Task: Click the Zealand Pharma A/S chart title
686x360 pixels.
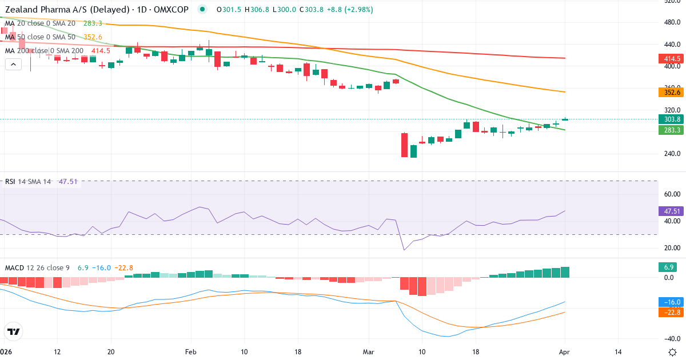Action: pos(97,9)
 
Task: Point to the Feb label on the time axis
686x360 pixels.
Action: pos(191,351)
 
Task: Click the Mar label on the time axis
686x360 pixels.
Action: pos(368,351)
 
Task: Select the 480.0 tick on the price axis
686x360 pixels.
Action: pos(672,22)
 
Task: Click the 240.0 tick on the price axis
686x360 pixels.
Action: pos(672,154)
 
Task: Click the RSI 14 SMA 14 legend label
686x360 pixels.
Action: pos(28,181)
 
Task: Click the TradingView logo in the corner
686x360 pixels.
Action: pos(13,331)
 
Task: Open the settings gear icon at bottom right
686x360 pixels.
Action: pos(672,352)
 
